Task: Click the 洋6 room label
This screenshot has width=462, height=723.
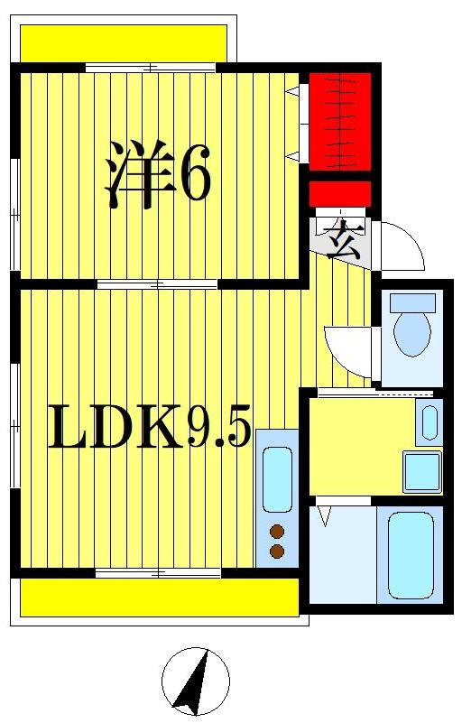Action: point(159,173)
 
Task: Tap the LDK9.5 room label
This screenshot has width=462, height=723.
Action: point(149,428)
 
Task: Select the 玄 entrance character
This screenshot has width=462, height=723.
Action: point(342,240)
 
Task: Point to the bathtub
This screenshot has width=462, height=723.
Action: point(411,554)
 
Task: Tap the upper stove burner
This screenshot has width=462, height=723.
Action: point(277,531)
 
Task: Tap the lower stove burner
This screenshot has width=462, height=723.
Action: point(277,551)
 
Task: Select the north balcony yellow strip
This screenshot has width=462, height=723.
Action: point(124,42)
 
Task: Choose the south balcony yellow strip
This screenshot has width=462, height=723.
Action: point(159,597)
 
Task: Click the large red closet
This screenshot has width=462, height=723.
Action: point(340,121)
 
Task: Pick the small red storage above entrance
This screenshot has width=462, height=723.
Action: point(340,194)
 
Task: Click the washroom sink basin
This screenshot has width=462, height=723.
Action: point(430,422)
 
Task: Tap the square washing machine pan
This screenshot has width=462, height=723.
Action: point(421,471)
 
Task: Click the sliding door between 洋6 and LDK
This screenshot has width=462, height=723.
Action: point(157,284)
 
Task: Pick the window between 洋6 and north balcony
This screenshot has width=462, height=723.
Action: point(151,67)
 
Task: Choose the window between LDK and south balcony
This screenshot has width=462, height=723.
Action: point(158,573)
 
